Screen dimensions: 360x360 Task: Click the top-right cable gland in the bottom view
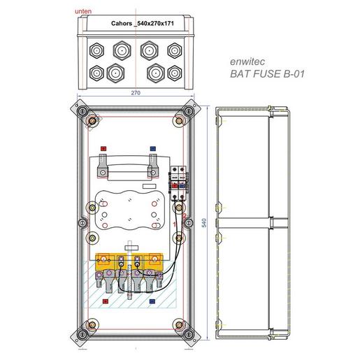pyautogui.click(x=175, y=51)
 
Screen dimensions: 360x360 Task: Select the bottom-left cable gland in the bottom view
pyautogui.click(x=96, y=71)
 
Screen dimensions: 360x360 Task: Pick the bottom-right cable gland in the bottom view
pyautogui.click(x=175, y=71)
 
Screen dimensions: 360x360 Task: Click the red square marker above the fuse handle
pyautogui.click(x=103, y=150)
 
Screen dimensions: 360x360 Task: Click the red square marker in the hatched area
pyautogui.click(x=103, y=302)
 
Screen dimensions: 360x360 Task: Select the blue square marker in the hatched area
pyautogui.click(x=152, y=302)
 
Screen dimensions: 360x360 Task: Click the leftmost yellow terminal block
pyautogui.click(x=105, y=263)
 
